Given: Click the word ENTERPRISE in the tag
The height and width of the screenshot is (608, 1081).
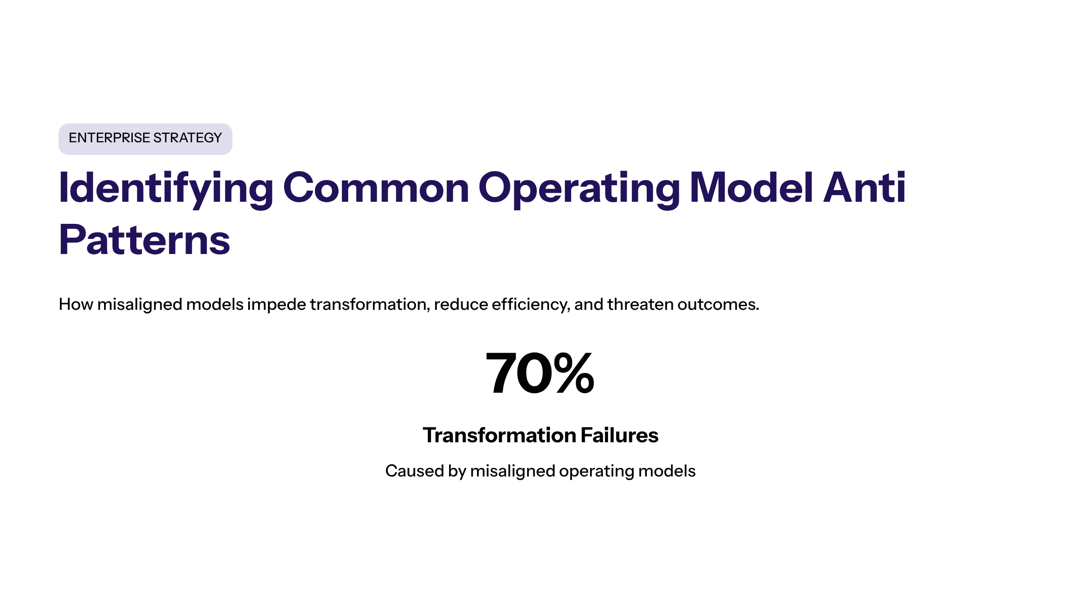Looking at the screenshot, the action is (x=109, y=138).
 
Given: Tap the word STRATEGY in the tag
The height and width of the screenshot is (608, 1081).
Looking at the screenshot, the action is (x=188, y=138).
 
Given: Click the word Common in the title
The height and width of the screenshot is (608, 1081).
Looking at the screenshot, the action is (x=376, y=188).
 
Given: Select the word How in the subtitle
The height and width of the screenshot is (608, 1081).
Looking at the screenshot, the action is (x=76, y=304).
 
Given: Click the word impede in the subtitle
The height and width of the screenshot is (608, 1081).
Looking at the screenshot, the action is (x=277, y=305).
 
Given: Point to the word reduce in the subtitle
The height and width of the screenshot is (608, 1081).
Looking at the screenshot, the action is (x=461, y=304).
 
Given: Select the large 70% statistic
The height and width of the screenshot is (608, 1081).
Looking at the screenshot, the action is (x=540, y=373).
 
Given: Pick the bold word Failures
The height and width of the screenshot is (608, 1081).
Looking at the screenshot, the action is (x=619, y=436).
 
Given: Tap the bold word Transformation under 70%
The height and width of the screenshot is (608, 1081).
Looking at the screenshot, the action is (x=500, y=436).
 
